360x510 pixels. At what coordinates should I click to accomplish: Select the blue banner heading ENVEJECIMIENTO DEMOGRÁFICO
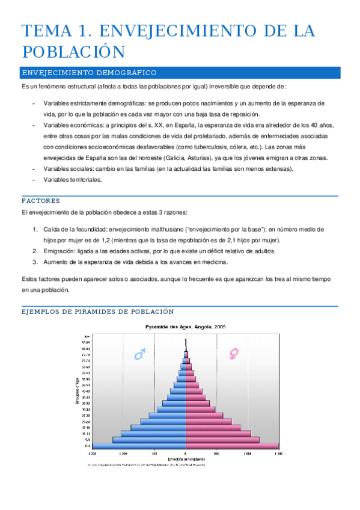(x=89, y=73)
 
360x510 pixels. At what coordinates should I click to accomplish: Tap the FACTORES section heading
(x=40, y=200)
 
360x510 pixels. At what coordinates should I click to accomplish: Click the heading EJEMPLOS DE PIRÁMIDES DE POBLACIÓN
(x=98, y=312)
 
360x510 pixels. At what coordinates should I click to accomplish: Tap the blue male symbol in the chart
(x=139, y=355)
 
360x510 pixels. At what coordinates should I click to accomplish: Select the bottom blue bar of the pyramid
(x=139, y=446)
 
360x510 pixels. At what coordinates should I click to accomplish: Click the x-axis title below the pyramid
(x=186, y=459)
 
